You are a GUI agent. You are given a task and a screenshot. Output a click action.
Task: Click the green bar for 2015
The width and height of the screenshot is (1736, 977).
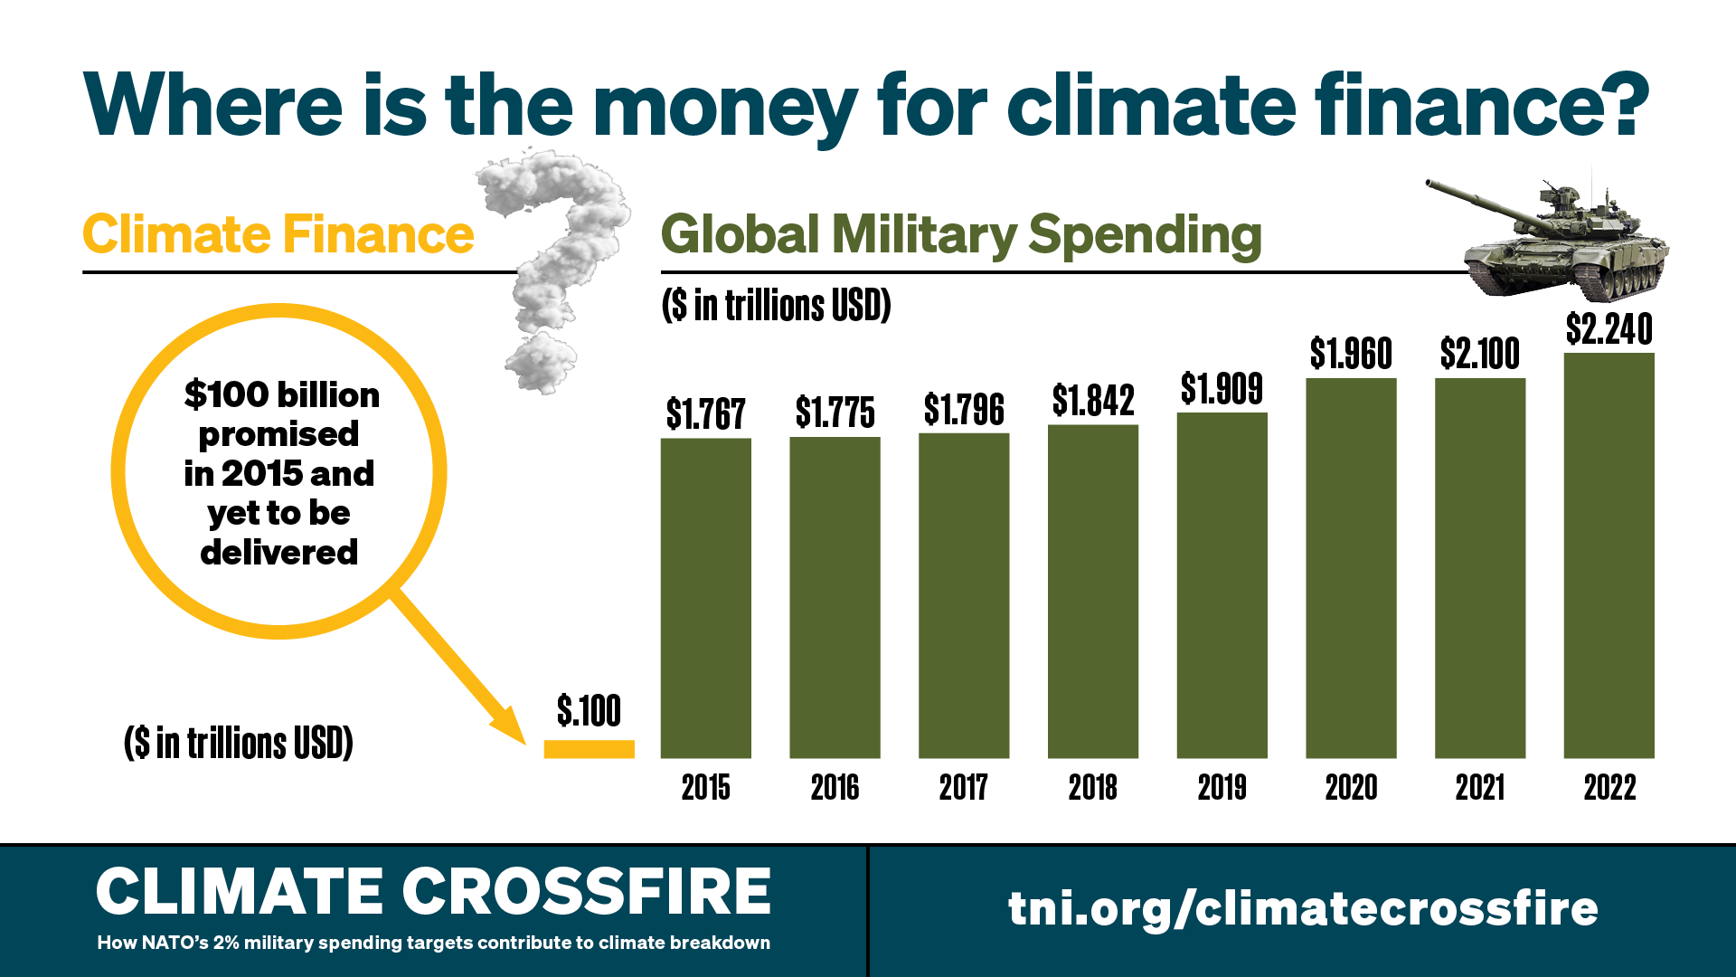click(x=705, y=597)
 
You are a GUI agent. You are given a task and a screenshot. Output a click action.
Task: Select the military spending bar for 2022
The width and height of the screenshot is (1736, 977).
click(x=1609, y=555)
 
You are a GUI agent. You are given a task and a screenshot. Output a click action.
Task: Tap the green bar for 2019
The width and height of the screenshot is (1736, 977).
click(x=1222, y=585)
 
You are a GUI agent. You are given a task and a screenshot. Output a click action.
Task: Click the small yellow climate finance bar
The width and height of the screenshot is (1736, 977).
click(x=589, y=749)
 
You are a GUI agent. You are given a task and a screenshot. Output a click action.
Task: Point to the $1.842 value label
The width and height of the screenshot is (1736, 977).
click(x=1092, y=401)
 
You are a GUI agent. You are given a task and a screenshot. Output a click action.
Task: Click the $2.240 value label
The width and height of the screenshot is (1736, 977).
click(x=1609, y=329)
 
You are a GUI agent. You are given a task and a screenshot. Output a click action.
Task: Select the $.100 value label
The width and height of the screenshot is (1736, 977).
click(x=589, y=711)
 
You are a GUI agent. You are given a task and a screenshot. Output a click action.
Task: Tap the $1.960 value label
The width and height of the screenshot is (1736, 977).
click(x=1351, y=354)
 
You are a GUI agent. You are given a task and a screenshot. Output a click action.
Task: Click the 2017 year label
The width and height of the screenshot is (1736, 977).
click(x=963, y=788)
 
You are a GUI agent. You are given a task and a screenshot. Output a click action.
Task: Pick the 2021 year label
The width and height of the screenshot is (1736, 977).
click(x=1479, y=788)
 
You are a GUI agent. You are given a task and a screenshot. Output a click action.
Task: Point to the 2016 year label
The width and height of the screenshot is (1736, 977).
click(x=834, y=788)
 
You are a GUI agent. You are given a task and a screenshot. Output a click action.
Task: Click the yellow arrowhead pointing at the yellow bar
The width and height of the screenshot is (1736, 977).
click(x=512, y=727)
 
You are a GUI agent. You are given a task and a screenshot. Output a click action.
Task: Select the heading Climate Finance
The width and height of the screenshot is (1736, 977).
click(x=278, y=235)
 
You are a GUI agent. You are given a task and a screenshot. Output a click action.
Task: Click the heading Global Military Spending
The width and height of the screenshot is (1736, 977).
click(x=961, y=235)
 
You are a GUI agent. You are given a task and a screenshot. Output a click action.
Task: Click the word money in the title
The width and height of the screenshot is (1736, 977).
click(x=724, y=107)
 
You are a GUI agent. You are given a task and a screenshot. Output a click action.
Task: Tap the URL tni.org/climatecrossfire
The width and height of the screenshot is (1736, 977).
click(x=1303, y=907)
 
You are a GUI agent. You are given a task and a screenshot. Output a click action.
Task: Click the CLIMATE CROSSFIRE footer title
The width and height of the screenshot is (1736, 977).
click(x=433, y=892)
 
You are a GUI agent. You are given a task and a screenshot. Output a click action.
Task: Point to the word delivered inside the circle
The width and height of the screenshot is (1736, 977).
click(x=278, y=553)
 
